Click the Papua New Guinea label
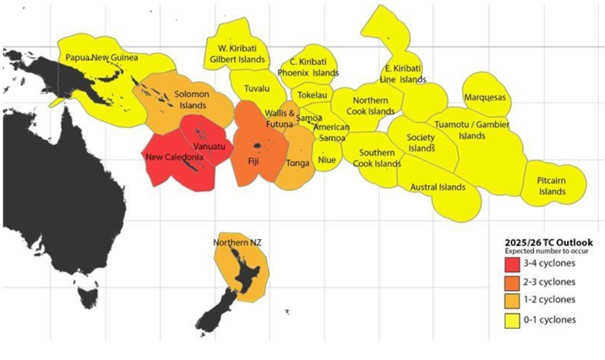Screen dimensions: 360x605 [x=102, y=57]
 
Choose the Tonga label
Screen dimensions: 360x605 [x=297, y=163]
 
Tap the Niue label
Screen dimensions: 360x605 [x=328, y=160]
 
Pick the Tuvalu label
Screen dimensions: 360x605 [x=256, y=89]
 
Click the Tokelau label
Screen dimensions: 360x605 [x=310, y=94]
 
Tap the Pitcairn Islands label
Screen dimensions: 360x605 [x=552, y=186]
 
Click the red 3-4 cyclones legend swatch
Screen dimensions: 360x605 [x=511, y=264]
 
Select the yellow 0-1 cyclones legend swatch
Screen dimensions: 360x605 [x=511, y=319]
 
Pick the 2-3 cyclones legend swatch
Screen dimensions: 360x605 [x=511, y=282]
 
